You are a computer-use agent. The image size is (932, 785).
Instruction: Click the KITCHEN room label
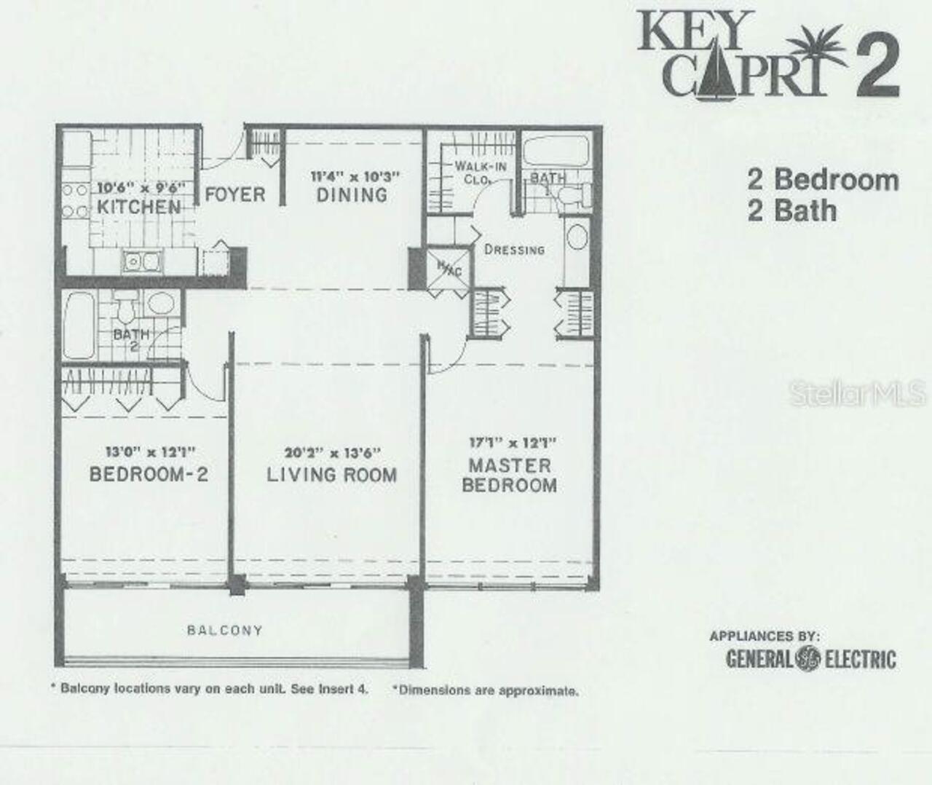tap(138, 207)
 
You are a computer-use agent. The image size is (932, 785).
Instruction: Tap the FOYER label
tap(234, 194)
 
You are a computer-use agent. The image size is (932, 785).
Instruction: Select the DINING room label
tap(352, 194)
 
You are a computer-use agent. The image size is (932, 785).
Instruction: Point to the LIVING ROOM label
tap(332, 475)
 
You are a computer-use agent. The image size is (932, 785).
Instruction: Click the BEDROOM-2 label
tap(149, 474)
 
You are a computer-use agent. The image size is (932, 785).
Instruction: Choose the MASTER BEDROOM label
tap(510, 476)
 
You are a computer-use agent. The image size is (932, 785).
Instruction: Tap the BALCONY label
tap(224, 630)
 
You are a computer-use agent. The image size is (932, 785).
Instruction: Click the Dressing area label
tap(514, 249)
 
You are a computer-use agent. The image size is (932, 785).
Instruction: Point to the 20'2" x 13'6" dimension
tap(333, 452)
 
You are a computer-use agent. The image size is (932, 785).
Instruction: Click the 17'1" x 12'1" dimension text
tap(512, 442)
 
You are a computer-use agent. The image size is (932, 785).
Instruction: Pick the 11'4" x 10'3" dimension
tap(355, 176)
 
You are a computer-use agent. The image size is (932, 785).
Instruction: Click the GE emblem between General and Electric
tap(807, 658)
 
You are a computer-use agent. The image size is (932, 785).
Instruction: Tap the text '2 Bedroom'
tap(823, 179)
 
